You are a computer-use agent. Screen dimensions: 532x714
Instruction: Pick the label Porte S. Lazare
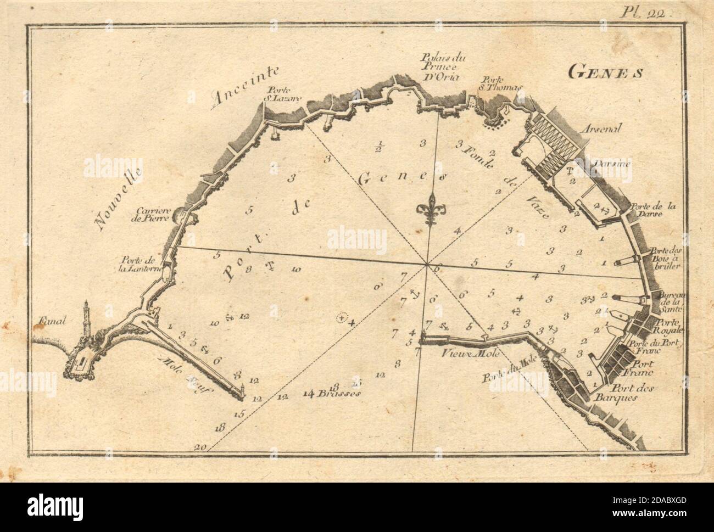click(277, 94)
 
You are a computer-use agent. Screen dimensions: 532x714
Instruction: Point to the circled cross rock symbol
click(342, 317)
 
